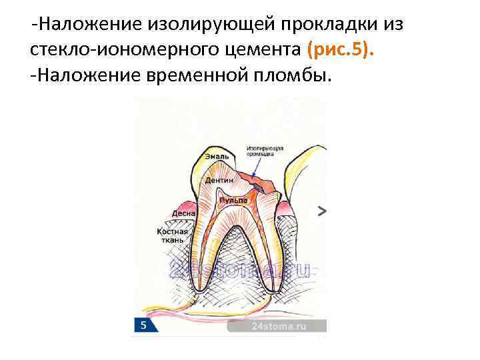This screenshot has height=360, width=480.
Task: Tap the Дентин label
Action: (x=219, y=181)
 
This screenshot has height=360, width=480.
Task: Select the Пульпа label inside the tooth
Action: (x=235, y=200)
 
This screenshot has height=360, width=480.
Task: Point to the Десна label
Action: (x=183, y=214)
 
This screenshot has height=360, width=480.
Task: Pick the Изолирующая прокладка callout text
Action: (x=265, y=150)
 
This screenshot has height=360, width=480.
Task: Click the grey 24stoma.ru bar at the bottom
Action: (x=277, y=327)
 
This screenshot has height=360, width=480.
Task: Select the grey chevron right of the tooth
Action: (x=322, y=211)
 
